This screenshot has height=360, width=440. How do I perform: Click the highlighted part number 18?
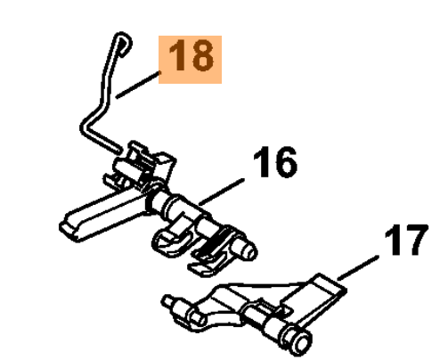(190, 60)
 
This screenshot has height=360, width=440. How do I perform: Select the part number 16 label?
(275, 162)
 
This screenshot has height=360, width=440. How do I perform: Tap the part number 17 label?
(407, 240)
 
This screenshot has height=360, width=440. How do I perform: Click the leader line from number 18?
(138, 85)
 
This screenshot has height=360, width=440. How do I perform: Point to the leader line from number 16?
(222, 192)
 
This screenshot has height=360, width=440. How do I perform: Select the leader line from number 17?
(358, 267)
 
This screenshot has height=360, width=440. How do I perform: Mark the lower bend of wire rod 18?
(86, 128)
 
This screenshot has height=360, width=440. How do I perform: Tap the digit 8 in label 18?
(202, 56)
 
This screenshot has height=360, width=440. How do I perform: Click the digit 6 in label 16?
(285, 162)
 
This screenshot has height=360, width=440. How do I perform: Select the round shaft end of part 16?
(249, 251)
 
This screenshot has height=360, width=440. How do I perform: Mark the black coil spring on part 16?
(213, 242)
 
